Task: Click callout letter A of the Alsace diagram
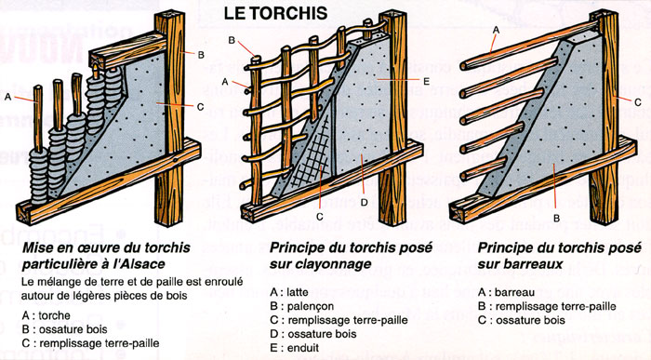[8, 96]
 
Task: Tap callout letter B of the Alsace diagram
[202, 54]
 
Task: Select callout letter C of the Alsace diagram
[201, 107]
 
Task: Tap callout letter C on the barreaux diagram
[637, 100]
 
